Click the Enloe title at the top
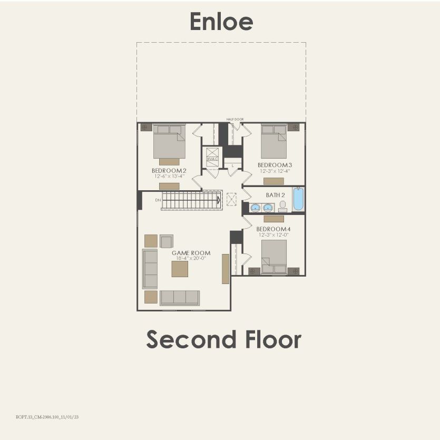pyautogui.click(x=221, y=22)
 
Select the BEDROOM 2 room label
pyautogui.click(x=169, y=171)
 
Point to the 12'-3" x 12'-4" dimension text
pyautogui.click(x=275, y=171)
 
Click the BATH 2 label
pyautogui.click(x=275, y=195)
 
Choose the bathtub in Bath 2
pyautogui.click(x=298, y=199)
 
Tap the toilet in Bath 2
pyautogui.click(x=282, y=206)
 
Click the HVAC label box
pyautogui.click(x=212, y=159)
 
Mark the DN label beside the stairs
pyautogui.click(x=158, y=200)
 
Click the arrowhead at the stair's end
pyautogui.click(x=218, y=200)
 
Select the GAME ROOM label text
pyautogui.click(x=188, y=253)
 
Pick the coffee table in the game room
pyautogui.click(x=180, y=269)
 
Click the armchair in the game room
pyautogui.click(x=166, y=241)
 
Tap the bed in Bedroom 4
pyautogui.click(x=274, y=257)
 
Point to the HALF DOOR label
pyautogui.click(x=235, y=120)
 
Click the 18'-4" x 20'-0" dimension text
pyautogui.click(x=188, y=259)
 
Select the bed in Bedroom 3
pyautogui.click(x=274, y=141)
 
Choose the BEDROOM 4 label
pyautogui.click(x=273, y=229)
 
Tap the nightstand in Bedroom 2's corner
pyautogui.click(x=146, y=127)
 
